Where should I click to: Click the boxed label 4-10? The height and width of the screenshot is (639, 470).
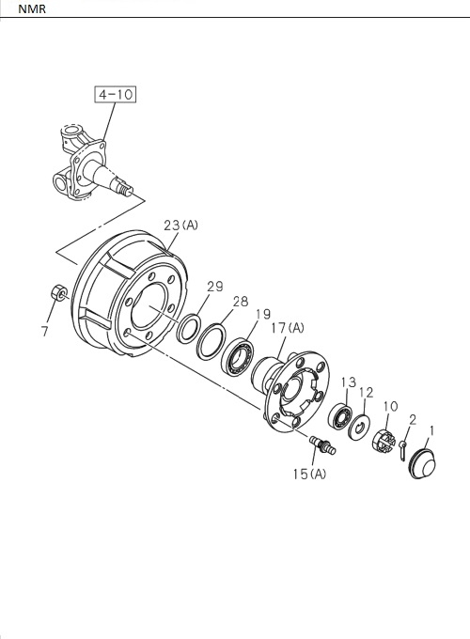[x=115, y=94]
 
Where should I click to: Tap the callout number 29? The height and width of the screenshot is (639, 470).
[x=214, y=286]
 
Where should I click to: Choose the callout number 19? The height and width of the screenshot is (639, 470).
[x=261, y=314]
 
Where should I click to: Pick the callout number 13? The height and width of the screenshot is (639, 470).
[x=348, y=382]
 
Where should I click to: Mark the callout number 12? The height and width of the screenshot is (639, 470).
[x=367, y=392]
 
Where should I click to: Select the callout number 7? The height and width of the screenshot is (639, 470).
[x=45, y=331]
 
